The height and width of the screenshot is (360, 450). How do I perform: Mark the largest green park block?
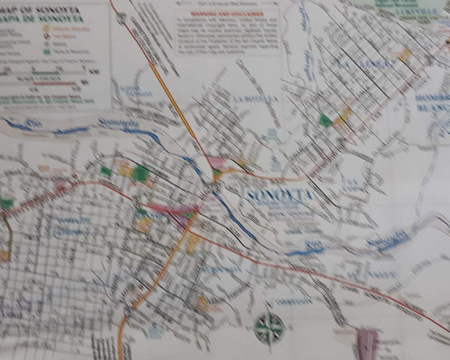[140, 173]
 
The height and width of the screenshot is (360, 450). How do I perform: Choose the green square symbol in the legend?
[46, 52]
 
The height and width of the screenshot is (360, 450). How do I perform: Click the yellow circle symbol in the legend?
[46, 28]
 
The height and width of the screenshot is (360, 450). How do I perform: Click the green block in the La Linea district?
[325, 120]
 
